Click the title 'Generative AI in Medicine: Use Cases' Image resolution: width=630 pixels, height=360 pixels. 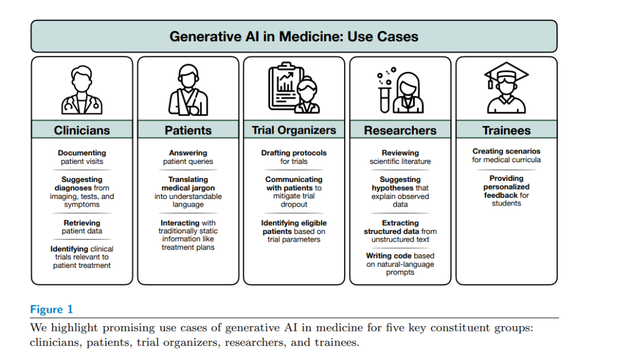click(293, 36)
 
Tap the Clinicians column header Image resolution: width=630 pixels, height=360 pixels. click(82, 130)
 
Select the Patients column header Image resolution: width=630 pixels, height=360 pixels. click(188, 130)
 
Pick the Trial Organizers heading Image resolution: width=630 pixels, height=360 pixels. click(294, 130)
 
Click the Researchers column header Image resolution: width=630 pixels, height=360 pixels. click(400, 130)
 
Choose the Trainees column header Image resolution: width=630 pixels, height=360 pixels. click(506, 130)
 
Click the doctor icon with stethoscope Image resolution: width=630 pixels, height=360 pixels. click(82, 90)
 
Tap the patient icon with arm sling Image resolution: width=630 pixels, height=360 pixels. click(188, 90)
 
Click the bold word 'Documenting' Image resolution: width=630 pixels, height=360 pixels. click(82, 153)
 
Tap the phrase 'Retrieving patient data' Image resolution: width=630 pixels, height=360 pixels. click(82, 227)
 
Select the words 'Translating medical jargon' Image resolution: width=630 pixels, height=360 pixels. click(188, 184)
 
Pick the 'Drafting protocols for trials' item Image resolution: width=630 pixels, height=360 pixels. click(294, 157)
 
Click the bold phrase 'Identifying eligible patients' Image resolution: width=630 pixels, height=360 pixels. click(294, 227)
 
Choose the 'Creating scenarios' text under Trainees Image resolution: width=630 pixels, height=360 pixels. click(506, 151)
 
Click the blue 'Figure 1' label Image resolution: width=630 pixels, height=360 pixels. click(52, 309)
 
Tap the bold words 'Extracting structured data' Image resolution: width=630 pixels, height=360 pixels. click(400, 227)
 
